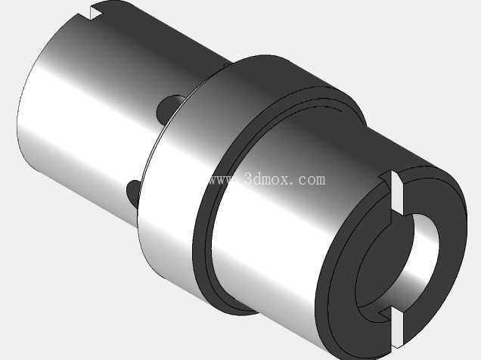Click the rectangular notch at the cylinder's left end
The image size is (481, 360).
[x=97, y=13]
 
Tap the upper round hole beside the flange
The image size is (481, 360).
[x=169, y=109]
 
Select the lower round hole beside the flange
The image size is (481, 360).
[x=133, y=194]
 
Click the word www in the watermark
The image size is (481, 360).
[x=223, y=180]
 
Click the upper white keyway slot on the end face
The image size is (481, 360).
[x=397, y=193]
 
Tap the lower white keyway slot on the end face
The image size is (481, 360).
[x=397, y=329]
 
